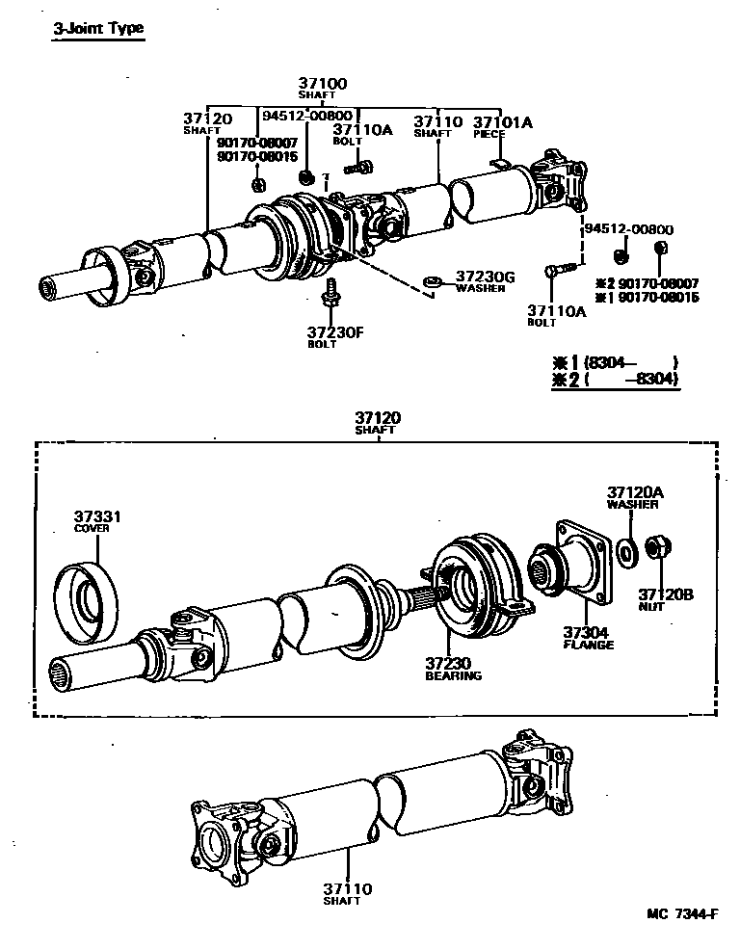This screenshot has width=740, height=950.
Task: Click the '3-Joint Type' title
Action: [x=97, y=28]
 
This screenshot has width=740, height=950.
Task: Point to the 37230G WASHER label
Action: [x=485, y=281]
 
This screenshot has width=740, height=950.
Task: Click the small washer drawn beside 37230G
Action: [x=433, y=282]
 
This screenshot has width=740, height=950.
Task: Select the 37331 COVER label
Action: [x=97, y=521]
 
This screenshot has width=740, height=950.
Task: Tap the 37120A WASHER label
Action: [x=632, y=496]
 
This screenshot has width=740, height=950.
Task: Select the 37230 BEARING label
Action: [x=453, y=669]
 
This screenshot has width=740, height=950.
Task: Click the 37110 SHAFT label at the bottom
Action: [x=347, y=893]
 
